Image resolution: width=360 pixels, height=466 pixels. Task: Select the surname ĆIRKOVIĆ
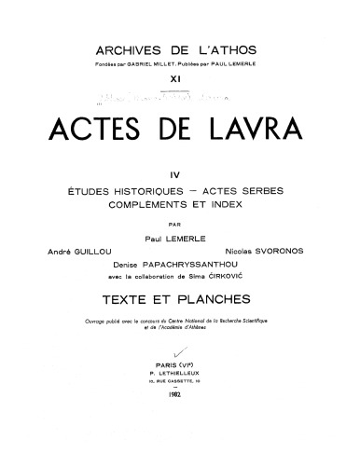tap(260, 277)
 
